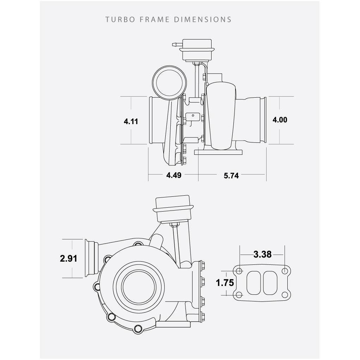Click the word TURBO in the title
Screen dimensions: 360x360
click(x=120, y=19)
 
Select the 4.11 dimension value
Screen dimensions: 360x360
click(x=131, y=122)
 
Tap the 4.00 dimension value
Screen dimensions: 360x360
click(x=280, y=120)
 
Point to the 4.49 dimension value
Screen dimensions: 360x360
click(x=174, y=175)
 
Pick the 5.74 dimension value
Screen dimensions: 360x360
click(x=231, y=176)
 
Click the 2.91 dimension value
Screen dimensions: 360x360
click(x=68, y=258)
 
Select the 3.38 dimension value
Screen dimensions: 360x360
click(x=262, y=254)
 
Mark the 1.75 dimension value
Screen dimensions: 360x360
click(x=225, y=283)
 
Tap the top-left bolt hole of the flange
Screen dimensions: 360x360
click(x=239, y=271)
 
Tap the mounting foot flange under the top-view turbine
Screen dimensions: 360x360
click(x=219, y=152)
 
